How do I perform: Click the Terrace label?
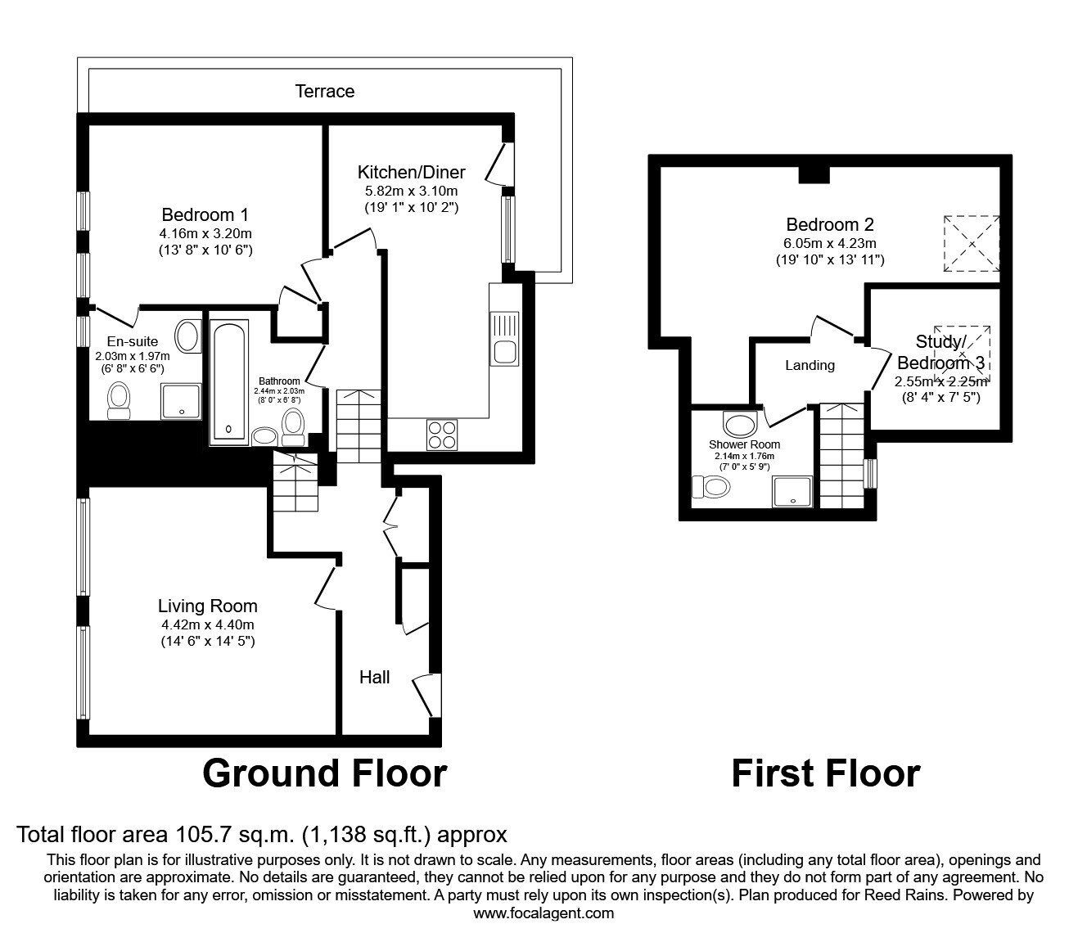pyautogui.click(x=325, y=91)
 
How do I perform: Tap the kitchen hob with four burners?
pyautogui.click(x=443, y=434)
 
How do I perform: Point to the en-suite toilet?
pyautogui.click(x=120, y=400)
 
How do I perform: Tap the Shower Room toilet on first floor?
pyautogui.click(x=711, y=488)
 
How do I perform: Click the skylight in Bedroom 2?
pyautogui.click(x=971, y=244)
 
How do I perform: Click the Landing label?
pyautogui.click(x=810, y=365)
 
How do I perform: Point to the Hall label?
pyautogui.click(x=374, y=677)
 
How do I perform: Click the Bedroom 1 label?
pyautogui.click(x=205, y=214)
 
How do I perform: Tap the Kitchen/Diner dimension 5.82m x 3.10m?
pyautogui.click(x=411, y=191)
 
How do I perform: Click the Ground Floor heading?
pyautogui.click(x=324, y=773)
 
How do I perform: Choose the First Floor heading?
pyautogui.click(x=825, y=773)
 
